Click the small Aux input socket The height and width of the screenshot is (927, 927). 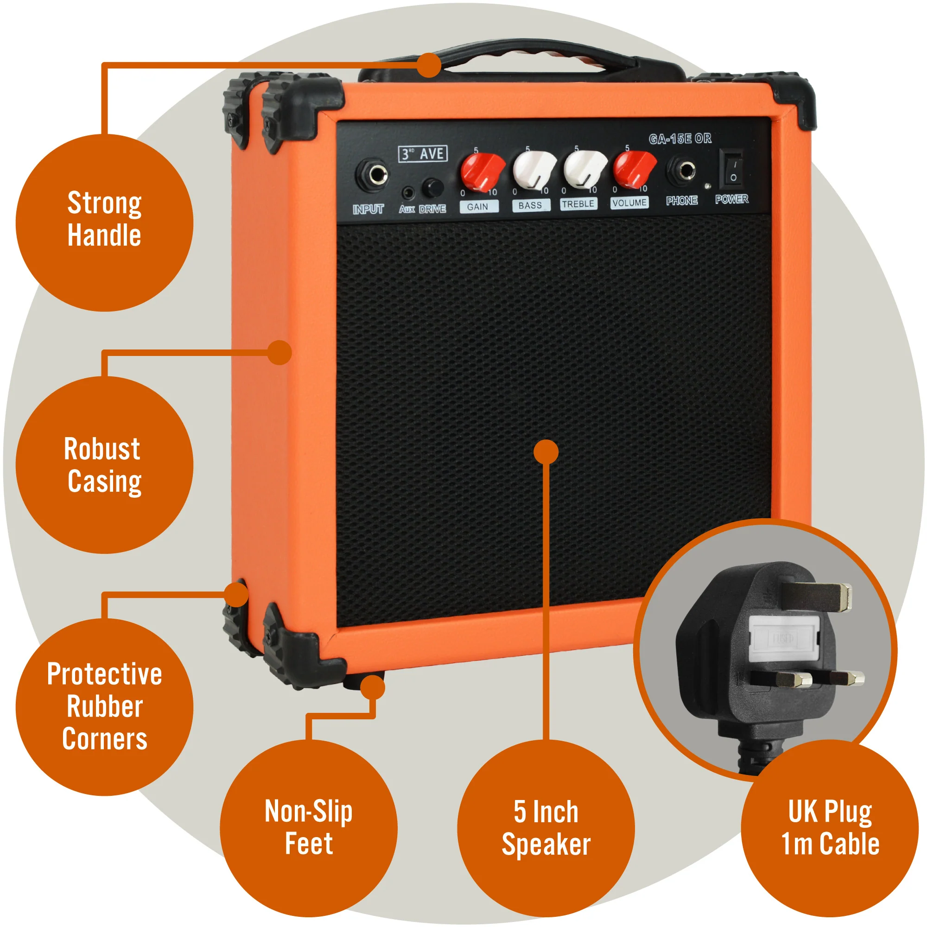point(408,193)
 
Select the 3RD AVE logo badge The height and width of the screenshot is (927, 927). point(423,154)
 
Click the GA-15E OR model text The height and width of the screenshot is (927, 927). point(680,139)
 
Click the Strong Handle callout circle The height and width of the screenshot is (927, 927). point(104,222)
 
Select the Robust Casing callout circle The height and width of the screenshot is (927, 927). point(104,465)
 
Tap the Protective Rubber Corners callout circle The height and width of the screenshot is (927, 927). point(104,707)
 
